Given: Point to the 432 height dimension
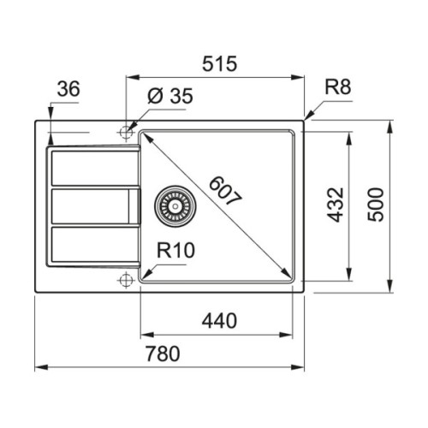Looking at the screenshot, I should tap(337, 205).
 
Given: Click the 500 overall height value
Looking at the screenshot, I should tap(377, 205).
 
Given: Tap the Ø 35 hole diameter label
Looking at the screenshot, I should tap(169, 96).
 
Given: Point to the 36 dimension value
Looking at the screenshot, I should tap(70, 89).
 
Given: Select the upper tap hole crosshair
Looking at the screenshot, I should tap(127, 133).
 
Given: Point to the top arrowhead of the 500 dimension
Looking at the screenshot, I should tap(390, 125).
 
